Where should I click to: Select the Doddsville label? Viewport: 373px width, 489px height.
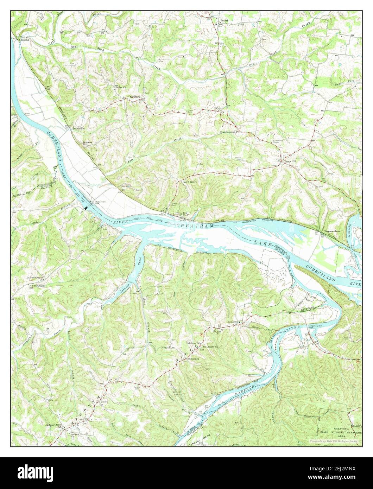click(x=79, y=128)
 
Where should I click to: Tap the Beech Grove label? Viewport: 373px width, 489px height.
click(x=189, y=182)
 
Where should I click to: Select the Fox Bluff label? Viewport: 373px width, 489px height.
click(x=184, y=214)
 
